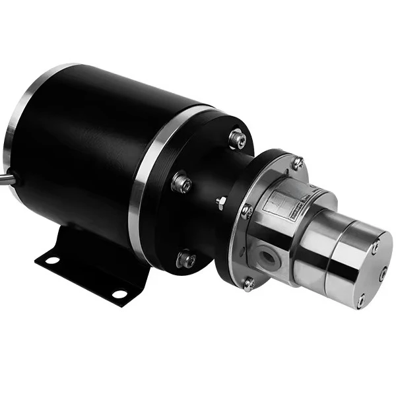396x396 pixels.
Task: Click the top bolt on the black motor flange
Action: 237,139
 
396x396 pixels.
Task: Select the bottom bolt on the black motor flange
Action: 185,259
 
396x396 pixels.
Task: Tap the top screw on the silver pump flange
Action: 297,160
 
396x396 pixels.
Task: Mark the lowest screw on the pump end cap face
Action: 360,300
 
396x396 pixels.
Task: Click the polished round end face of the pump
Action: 370,264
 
